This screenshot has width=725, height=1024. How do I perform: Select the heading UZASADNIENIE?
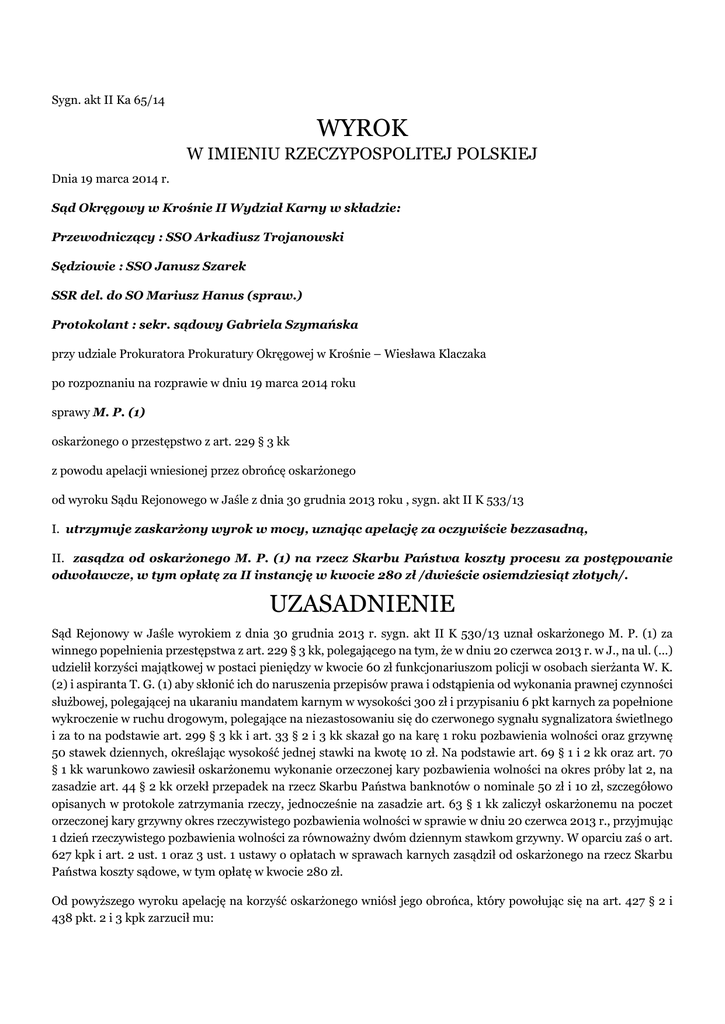(x=362, y=604)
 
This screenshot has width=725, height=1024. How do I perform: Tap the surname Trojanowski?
(x=295, y=238)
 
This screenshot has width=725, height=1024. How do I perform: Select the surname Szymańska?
(x=315, y=325)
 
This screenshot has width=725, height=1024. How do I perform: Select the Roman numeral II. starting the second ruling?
(x=58, y=557)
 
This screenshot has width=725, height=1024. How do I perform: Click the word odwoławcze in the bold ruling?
(x=97, y=575)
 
